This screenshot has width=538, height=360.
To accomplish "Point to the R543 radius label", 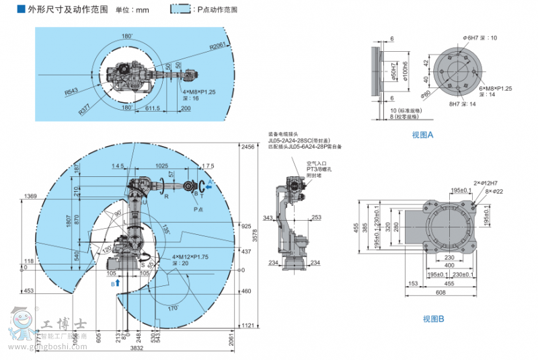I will (x=71, y=91).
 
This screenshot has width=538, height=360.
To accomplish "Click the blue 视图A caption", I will (x=423, y=135).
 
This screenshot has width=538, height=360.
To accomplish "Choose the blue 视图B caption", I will (x=433, y=319).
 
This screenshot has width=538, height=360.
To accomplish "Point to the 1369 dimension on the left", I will (x=30, y=196).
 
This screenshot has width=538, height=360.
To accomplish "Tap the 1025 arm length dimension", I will (x=161, y=166).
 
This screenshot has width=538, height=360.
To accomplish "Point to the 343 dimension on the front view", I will (x=268, y=218).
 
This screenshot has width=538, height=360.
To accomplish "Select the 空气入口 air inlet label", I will (x=317, y=162).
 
